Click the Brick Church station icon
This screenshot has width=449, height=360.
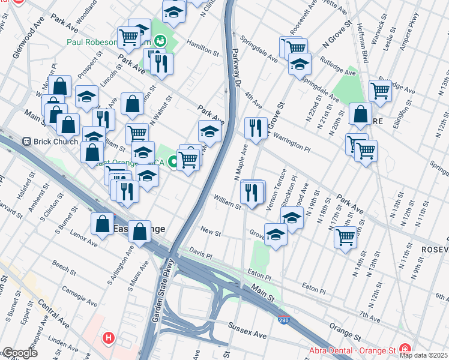(x=26, y=142)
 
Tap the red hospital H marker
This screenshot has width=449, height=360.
(x=108, y=338)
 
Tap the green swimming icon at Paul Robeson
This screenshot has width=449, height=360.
(x=160, y=41)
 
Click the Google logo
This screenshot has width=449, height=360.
(x=19, y=353)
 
